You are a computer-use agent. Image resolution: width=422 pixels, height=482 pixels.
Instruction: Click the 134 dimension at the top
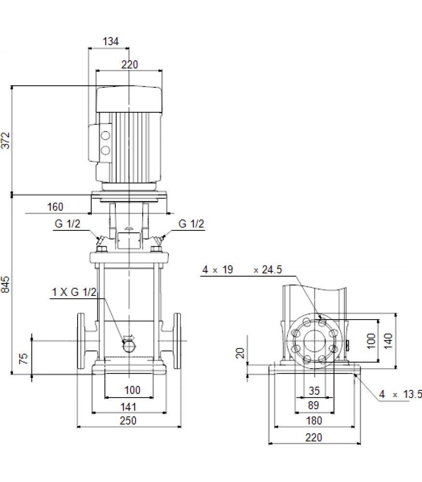point(110,41)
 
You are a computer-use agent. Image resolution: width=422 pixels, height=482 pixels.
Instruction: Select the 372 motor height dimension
point(5,140)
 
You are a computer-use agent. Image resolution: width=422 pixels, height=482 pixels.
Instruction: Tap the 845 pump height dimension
point(5,284)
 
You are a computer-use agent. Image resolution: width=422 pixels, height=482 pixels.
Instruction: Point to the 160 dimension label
point(55,207)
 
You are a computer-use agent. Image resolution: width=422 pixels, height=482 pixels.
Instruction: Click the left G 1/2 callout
point(68,224)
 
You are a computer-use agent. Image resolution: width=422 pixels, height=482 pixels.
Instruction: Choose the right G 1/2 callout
point(191,224)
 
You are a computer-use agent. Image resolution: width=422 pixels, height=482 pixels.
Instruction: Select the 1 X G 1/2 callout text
point(74,292)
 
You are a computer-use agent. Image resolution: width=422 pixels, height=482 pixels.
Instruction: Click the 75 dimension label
point(24,359)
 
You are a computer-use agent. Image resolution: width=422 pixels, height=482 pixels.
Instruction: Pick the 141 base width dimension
point(128,407)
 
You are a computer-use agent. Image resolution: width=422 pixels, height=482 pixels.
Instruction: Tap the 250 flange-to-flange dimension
point(128,420)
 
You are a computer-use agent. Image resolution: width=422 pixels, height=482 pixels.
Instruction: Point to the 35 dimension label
point(314,391)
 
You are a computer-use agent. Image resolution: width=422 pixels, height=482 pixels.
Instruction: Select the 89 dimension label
point(313,405)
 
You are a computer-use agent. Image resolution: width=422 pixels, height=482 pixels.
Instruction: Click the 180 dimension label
point(314,420)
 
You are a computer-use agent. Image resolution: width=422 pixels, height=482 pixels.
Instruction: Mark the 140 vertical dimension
point(388,341)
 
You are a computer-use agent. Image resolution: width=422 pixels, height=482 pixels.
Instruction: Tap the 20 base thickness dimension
point(240,353)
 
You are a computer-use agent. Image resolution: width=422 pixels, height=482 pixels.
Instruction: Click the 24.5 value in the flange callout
point(272,269)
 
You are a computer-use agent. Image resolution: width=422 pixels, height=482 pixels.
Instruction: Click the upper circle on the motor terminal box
point(106,135)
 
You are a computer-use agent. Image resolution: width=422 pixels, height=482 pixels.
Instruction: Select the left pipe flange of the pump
point(81,341)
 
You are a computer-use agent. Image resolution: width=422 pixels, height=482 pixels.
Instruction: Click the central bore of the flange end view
point(314,341)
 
